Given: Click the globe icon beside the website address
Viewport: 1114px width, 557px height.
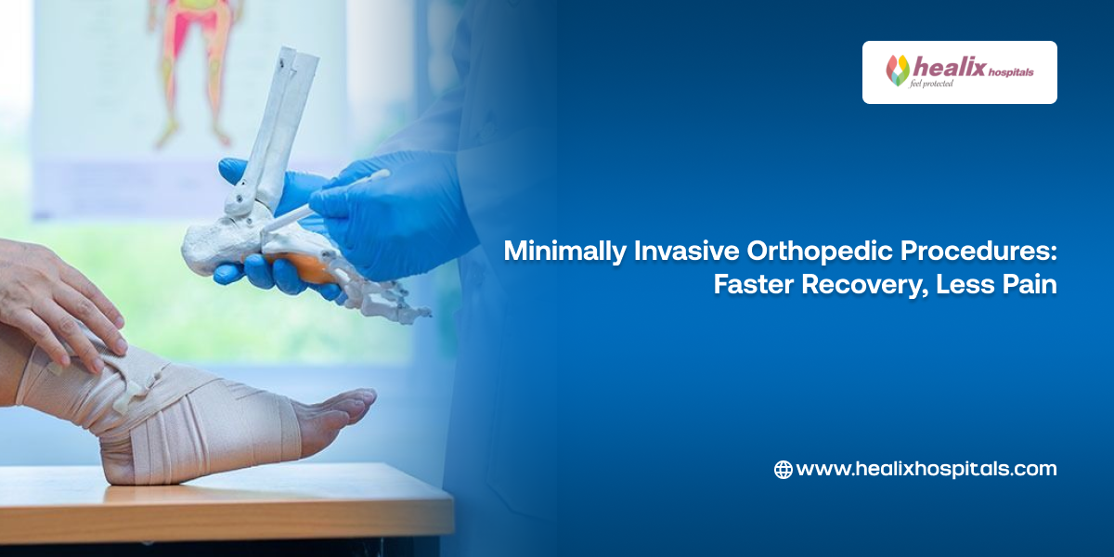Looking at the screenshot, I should (x=783, y=470).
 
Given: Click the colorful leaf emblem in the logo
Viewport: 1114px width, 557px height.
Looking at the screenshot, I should (x=898, y=71).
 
